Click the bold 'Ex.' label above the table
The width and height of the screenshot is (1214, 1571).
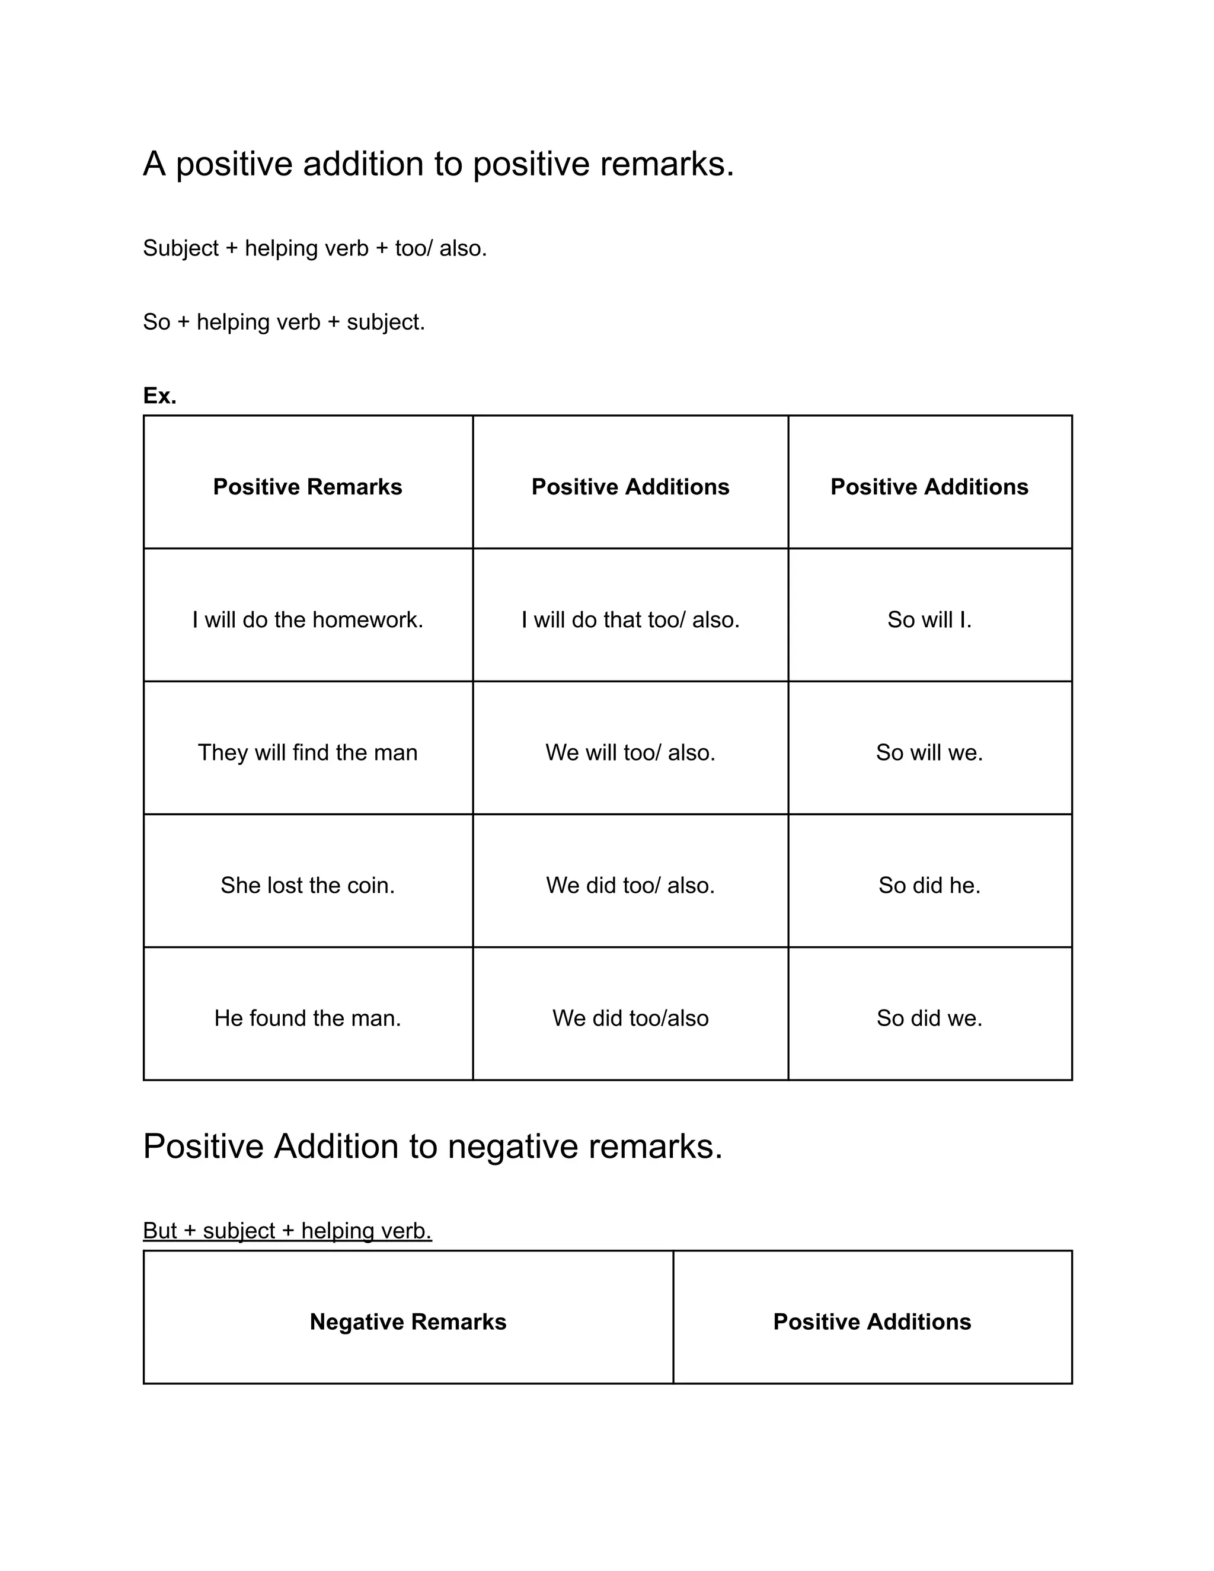(x=159, y=395)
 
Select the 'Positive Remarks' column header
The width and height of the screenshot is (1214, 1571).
(x=307, y=487)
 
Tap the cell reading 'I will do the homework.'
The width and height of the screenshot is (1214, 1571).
(x=307, y=620)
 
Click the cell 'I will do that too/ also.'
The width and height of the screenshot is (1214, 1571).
(x=630, y=620)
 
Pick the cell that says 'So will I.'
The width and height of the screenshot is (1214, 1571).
(x=929, y=620)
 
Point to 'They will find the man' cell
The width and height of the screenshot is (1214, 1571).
(x=307, y=752)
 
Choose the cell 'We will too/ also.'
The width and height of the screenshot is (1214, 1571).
(x=630, y=752)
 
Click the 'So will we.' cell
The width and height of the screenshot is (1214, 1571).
(x=929, y=752)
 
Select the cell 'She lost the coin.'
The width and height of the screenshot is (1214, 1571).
(x=307, y=885)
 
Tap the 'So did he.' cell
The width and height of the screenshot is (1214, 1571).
(x=929, y=885)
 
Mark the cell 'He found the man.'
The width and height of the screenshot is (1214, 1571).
(x=307, y=1018)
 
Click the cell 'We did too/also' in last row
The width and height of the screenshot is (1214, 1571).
(x=630, y=1018)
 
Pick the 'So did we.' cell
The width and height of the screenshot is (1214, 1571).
(x=929, y=1018)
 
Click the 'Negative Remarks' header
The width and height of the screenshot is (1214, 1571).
(x=408, y=1321)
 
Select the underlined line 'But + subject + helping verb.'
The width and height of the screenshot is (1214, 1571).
(x=287, y=1230)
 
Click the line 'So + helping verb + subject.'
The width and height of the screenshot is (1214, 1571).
(x=284, y=321)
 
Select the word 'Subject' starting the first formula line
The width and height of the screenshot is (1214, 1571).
(x=181, y=248)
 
